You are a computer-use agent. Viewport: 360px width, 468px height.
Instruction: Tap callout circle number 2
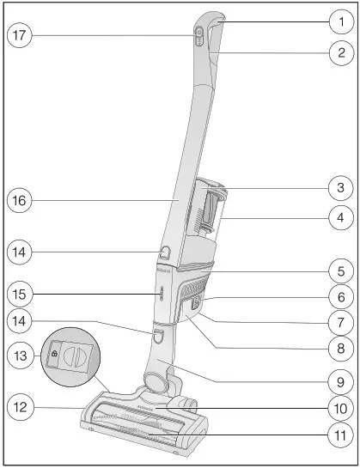pos(340,52)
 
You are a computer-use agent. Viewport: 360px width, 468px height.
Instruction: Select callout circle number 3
pos(340,185)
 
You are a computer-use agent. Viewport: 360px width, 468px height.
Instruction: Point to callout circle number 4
pos(340,217)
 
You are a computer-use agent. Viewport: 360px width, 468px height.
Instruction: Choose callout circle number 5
pos(340,270)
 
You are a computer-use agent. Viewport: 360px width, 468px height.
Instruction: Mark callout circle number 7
pos(340,323)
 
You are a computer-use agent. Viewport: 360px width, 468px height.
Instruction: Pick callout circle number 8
pos(340,349)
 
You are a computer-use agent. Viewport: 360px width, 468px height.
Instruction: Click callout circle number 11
pos(340,435)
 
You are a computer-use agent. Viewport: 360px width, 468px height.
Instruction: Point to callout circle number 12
pos(20,406)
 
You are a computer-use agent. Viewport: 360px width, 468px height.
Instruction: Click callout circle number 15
pos(20,294)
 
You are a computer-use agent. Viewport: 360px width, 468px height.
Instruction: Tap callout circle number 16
pos(20,202)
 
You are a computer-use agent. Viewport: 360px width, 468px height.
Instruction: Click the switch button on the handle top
pos(198,34)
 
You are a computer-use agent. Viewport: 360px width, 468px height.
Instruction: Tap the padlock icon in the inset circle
pos(54,353)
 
